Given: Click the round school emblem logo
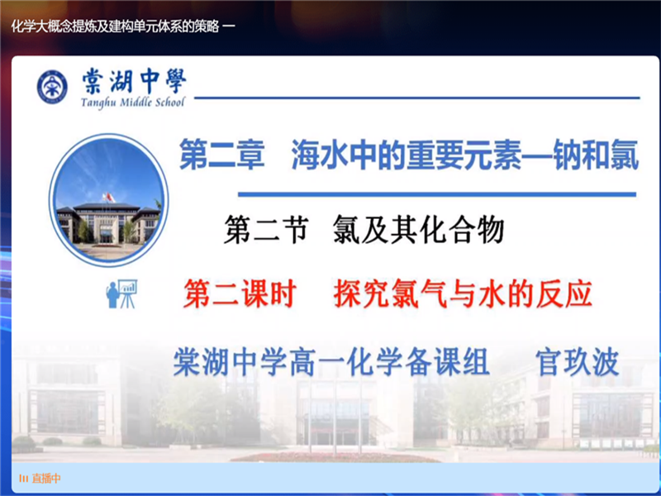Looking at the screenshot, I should click(x=52, y=87).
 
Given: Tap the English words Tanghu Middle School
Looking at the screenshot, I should click(x=133, y=103).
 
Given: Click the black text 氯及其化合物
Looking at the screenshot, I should click(x=418, y=230).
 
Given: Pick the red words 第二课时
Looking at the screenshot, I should click(x=240, y=294).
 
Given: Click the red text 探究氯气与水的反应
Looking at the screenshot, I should click(x=463, y=294).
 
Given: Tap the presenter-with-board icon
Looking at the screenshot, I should click(x=121, y=293).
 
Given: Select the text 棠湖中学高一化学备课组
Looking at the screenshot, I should click(x=330, y=362).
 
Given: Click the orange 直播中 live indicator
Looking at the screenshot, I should click(x=40, y=478).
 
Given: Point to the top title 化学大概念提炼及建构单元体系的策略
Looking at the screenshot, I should click(x=116, y=26).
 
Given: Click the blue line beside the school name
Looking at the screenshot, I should click(x=413, y=98).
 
